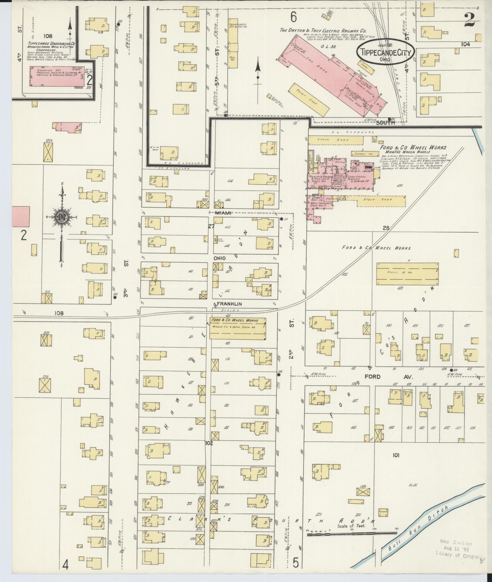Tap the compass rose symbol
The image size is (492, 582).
(62, 217)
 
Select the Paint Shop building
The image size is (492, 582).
(309, 99)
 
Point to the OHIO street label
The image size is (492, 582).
(220, 259)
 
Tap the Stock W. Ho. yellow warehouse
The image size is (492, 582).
(407, 273)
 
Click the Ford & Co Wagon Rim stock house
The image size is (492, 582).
(238, 328)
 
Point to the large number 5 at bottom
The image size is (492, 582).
(296, 563)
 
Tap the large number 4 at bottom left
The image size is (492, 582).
(65, 564)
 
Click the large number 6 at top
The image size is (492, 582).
(293, 17)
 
